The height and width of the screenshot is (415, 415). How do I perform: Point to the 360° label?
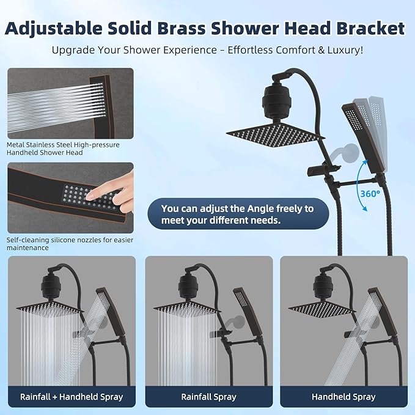pyautogui.click(x=369, y=193)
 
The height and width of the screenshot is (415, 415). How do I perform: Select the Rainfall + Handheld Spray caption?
pyautogui.click(x=72, y=397)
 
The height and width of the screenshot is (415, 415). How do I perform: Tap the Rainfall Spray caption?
pyautogui.click(x=208, y=397)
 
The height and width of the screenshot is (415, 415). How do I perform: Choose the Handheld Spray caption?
pyautogui.click(x=344, y=397)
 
